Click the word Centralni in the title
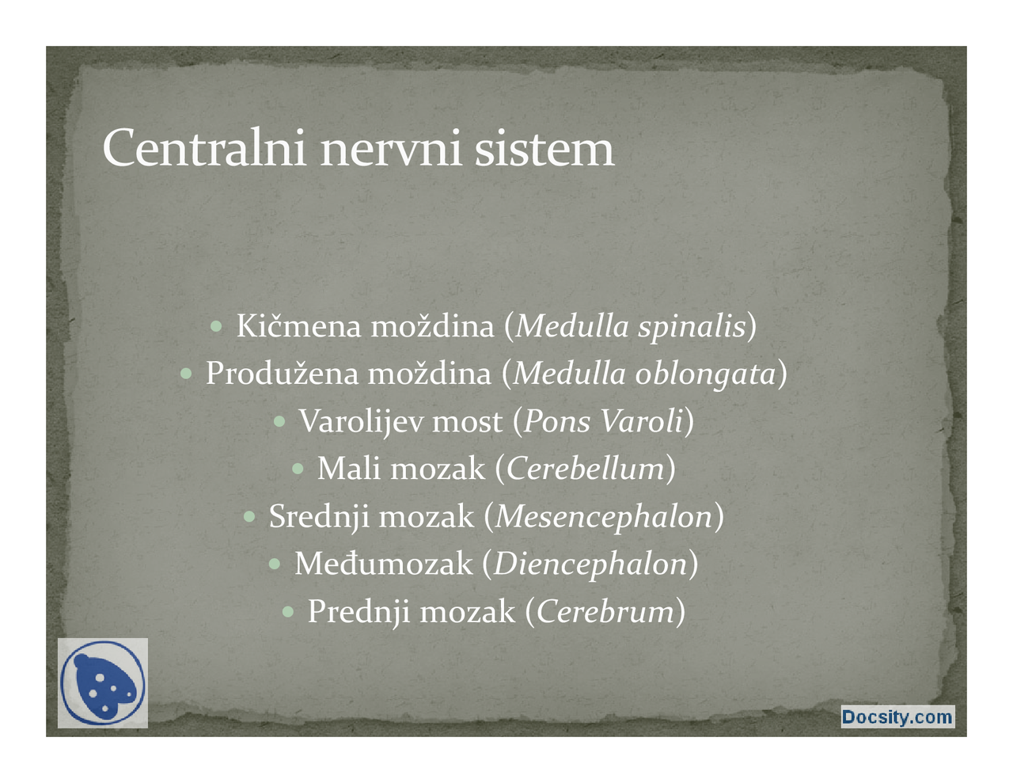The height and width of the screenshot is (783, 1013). click(x=203, y=148)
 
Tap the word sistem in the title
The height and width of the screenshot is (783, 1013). click(x=544, y=148)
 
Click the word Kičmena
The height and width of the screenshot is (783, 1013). click(x=298, y=326)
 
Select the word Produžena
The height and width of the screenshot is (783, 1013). click(x=282, y=374)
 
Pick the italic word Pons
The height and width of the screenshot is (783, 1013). click(x=557, y=421)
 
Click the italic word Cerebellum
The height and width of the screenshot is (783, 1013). click(x=585, y=469)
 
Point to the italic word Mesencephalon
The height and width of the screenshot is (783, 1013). click(x=604, y=517)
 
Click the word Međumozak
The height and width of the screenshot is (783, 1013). click(x=383, y=564)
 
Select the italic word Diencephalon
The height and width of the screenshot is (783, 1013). click(x=590, y=564)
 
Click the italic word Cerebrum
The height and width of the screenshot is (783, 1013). click(x=605, y=611)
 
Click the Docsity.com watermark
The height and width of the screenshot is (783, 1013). click(x=897, y=717)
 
